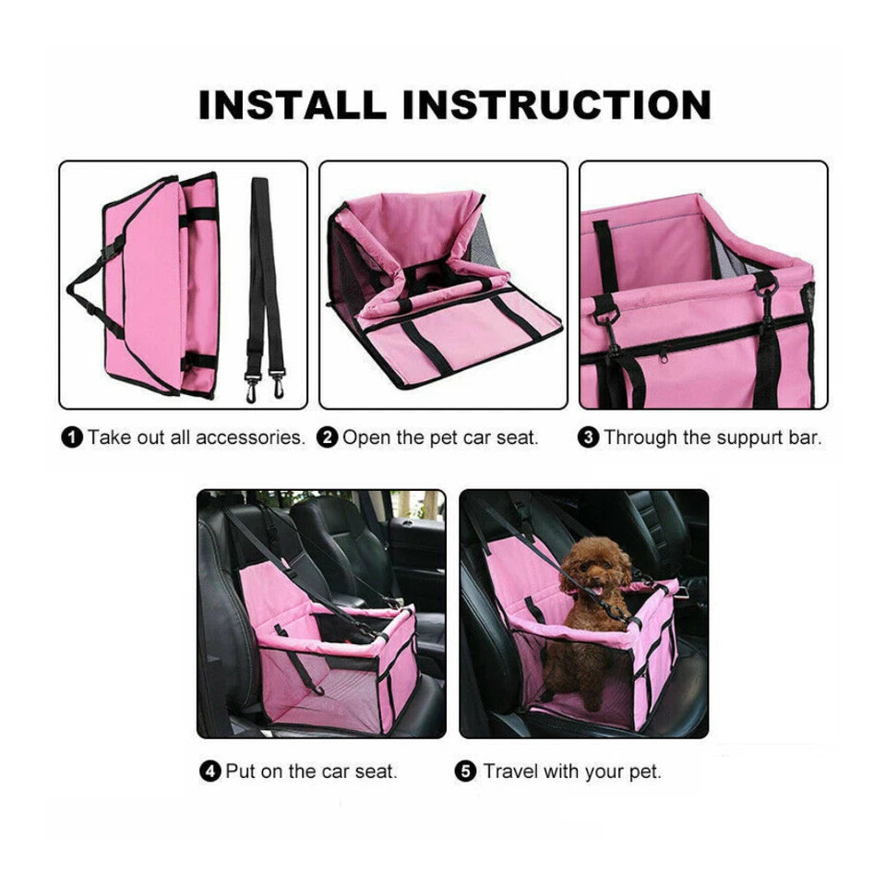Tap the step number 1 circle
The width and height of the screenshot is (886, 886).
tap(71, 437)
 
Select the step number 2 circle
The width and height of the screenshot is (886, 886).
tap(328, 437)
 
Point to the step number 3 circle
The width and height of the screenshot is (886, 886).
tap(588, 437)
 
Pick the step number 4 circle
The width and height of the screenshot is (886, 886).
tap(210, 771)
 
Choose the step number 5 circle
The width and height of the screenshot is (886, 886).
tap(467, 771)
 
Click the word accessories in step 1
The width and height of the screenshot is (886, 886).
tap(249, 437)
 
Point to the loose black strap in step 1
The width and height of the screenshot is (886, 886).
tap(262, 268)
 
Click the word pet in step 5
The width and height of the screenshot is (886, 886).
tap(644, 771)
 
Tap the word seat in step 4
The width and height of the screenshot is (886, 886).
tap(376, 771)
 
